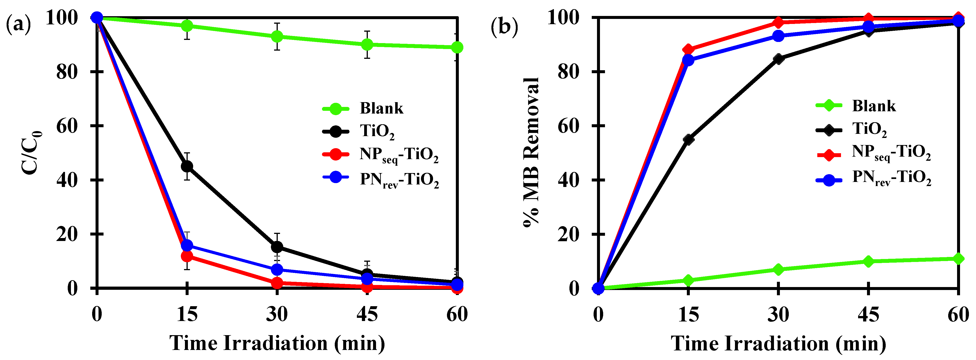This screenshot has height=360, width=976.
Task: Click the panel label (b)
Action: [504, 27]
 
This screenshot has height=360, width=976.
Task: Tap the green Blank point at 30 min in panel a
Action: [277, 36]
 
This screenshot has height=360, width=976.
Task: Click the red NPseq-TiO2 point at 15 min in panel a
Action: [187, 256]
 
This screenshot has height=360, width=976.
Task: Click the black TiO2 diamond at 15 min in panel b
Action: [688, 139]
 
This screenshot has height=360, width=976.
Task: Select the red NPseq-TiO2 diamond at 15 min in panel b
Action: [688, 49]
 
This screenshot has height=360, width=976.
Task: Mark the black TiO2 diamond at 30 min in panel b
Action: [779, 59]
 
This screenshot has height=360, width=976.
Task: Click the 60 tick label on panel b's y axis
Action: [568, 126]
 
